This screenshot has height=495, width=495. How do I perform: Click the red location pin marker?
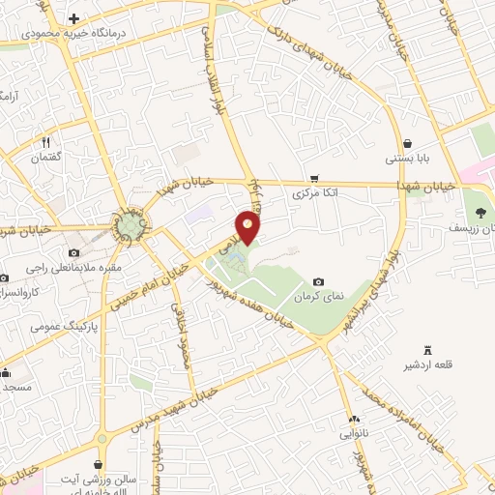click(x=248, y=226)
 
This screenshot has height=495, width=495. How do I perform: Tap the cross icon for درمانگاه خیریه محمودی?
click(x=74, y=18)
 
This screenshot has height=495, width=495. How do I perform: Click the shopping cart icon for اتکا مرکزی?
click(x=314, y=179)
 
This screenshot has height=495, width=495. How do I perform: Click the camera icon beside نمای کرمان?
click(x=318, y=281)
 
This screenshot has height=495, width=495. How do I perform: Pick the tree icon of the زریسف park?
click(x=480, y=213)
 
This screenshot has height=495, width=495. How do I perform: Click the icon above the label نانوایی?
click(x=354, y=419)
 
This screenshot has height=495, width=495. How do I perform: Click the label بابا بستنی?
click(x=407, y=158)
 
